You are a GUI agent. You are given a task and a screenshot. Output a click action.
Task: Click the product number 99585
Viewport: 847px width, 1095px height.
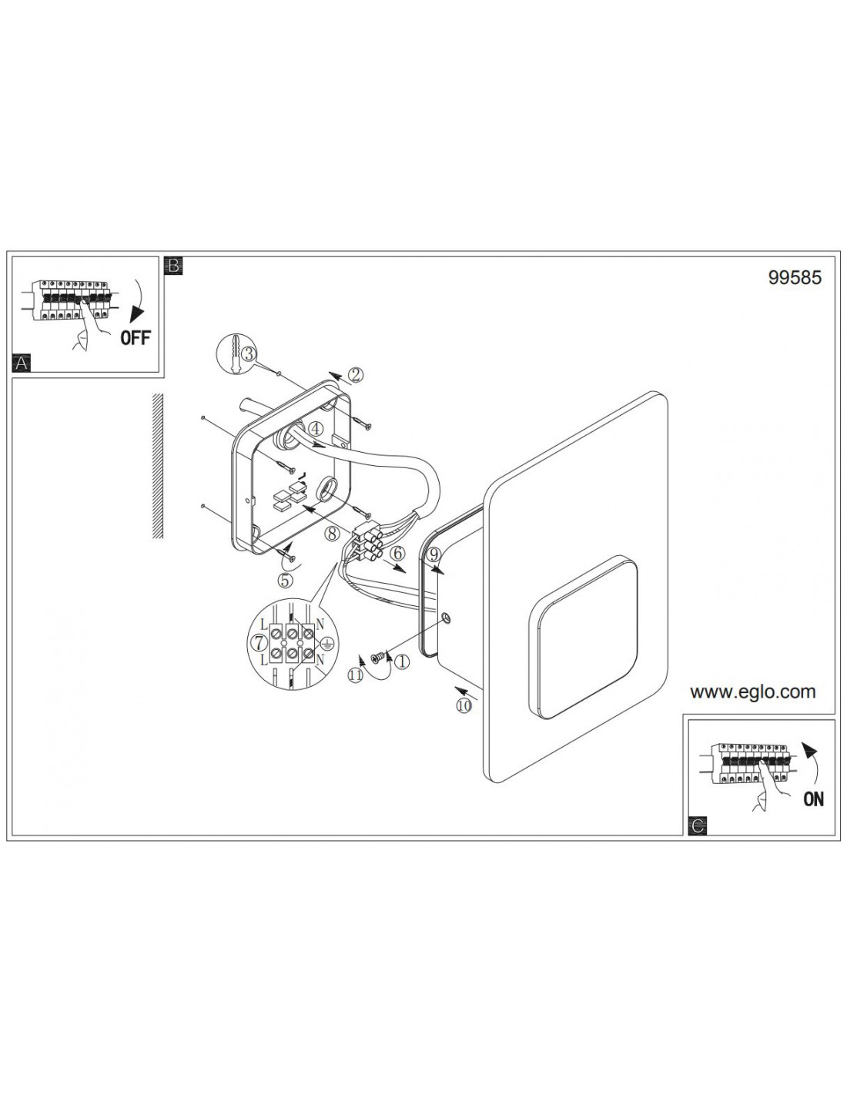point(794,278)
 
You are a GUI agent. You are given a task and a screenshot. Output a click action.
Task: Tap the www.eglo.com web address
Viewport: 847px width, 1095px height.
point(752,691)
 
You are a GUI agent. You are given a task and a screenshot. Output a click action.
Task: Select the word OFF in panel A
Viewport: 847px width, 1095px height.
point(136,337)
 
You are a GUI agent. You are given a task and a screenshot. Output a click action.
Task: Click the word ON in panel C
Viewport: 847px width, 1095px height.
point(814,799)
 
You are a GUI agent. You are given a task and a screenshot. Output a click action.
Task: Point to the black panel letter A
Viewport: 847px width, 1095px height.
point(21,363)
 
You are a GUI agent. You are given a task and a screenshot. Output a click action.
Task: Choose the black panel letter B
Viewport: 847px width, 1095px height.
point(174,266)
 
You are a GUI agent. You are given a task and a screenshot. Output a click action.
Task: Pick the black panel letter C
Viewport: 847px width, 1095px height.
point(698,826)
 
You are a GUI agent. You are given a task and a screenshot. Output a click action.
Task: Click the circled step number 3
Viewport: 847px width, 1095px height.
point(248,353)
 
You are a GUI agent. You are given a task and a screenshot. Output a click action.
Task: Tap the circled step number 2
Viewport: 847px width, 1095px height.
point(356,374)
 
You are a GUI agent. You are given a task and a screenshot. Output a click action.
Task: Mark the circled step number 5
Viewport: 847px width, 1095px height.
point(285,581)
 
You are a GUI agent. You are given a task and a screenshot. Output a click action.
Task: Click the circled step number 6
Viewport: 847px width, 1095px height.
point(397,554)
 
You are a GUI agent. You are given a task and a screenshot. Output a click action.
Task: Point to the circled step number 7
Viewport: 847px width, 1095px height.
point(259,642)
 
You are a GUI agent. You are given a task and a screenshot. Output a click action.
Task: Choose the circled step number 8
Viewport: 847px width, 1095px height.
point(332,534)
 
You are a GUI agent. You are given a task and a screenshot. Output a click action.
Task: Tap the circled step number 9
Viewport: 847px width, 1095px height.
point(434,554)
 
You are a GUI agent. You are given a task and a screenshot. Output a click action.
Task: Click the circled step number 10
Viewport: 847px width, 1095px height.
point(464,706)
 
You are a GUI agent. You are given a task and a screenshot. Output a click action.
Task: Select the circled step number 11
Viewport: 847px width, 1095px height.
point(356,676)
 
